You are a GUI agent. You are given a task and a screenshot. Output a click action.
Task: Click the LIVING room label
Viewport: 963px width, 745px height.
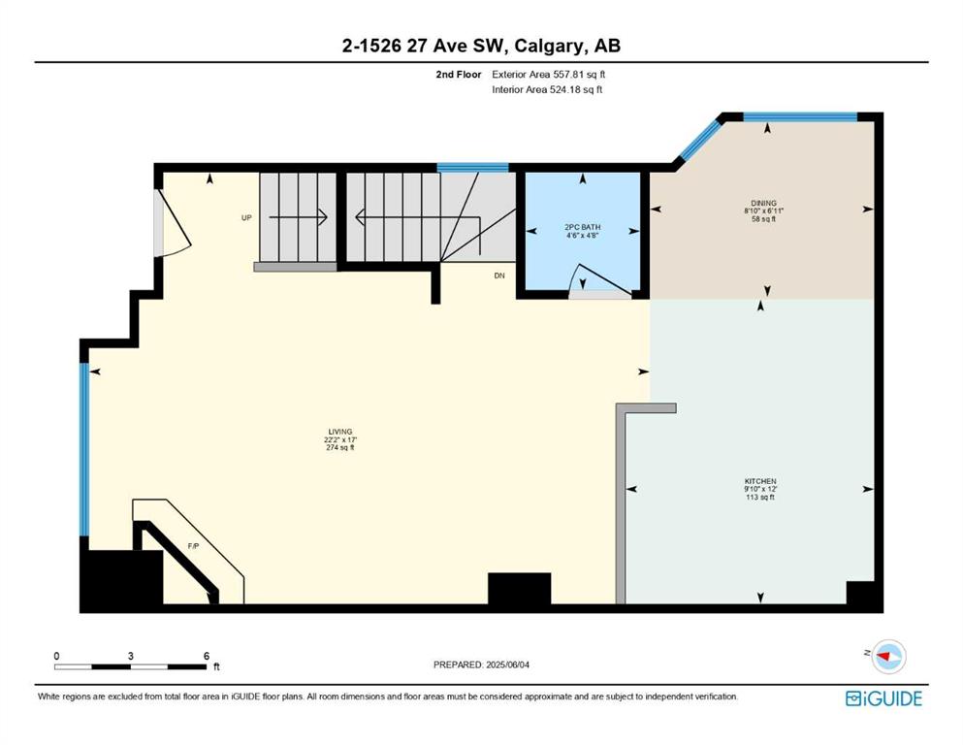click(339, 432)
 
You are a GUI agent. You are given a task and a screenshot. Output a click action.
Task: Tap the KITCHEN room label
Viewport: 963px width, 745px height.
click(760, 481)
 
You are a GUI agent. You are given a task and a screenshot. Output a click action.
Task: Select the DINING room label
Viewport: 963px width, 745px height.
click(763, 204)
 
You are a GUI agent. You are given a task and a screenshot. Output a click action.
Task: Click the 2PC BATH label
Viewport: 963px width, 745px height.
click(583, 227)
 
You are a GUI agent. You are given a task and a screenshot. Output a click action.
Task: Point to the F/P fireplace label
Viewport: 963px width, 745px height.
click(193, 546)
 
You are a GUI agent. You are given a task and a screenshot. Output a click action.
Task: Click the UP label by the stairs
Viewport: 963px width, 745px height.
click(246, 218)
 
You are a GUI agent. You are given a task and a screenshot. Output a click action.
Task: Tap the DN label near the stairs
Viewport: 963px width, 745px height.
click(499, 275)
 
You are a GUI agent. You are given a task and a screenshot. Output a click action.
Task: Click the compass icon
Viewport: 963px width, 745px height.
click(888, 657)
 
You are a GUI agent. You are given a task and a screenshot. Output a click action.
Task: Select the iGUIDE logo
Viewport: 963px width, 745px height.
click(883, 699)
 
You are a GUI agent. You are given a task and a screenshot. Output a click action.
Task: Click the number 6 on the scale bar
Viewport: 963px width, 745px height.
click(207, 656)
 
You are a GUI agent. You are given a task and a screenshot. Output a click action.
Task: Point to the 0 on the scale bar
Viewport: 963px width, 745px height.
click(56, 656)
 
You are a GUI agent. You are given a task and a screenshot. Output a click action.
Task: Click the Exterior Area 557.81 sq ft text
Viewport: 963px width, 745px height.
click(549, 75)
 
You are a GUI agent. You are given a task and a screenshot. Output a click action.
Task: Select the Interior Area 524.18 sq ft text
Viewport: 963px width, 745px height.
click(547, 89)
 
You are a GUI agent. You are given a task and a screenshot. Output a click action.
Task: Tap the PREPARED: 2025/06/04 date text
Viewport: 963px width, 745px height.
click(481, 664)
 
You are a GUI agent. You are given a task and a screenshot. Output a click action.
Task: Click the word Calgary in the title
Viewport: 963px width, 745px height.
click(549, 47)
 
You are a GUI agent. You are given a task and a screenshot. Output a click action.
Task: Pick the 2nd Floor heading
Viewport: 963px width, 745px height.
click(459, 75)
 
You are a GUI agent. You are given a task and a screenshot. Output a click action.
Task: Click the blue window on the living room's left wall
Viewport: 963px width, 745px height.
click(84, 449)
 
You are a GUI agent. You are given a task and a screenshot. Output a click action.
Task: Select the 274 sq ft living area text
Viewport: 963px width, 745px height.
click(339, 448)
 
